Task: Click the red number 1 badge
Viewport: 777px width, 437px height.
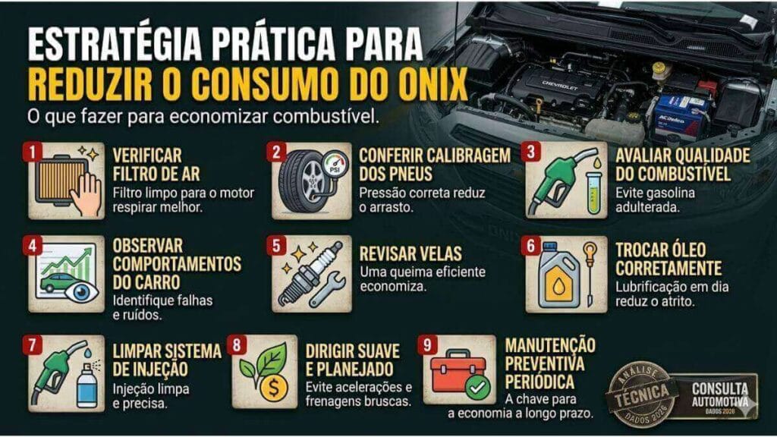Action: [x=33, y=152]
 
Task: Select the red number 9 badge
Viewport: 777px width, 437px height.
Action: [x=430, y=344]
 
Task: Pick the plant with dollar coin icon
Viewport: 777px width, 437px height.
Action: [x=265, y=372]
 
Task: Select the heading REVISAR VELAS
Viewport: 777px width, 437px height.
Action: [x=411, y=254]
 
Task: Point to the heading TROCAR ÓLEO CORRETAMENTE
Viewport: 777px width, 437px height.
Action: [x=668, y=259]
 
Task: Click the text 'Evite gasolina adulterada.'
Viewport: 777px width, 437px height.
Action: [x=654, y=200]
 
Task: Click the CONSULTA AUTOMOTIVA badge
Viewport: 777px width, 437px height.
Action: [x=719, y=395]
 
